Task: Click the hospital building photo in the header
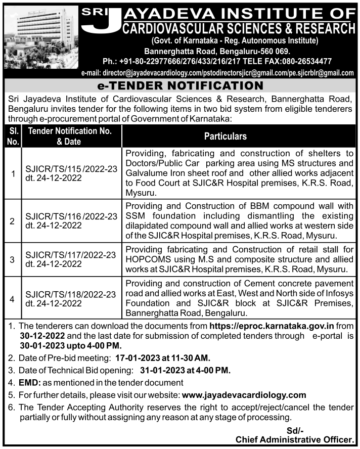coord(40,38)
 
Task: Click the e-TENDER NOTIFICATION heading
coord(180,85)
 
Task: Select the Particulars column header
coord(225,137)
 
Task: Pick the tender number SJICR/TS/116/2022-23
coord(70,216)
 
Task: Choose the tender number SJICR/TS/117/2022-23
coord(70,254)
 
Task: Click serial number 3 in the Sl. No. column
coord(12,259)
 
